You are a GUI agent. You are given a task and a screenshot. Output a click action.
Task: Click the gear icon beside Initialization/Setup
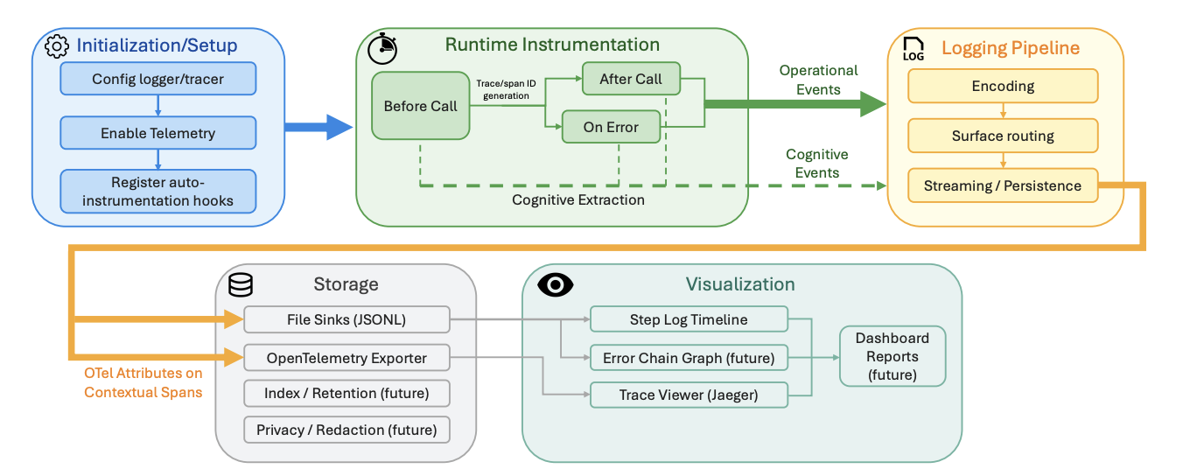pyautogui.click(x=57, y=46)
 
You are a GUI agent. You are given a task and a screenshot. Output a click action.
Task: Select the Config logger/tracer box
pyautogui.click(x=157, y=79)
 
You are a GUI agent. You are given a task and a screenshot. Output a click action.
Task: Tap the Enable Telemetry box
pyautogui.click(x=157, y=133)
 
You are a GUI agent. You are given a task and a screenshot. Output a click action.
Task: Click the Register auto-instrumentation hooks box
pyautogui.click(x=157, y=192)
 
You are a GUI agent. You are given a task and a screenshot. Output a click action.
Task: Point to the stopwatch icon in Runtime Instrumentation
pyautogui.click(x=382, y=49)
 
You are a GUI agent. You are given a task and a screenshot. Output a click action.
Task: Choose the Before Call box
pyautogui.click(x=420, y=106)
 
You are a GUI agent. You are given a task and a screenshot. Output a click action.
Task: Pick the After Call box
pyautogui.click(x=631, y=79)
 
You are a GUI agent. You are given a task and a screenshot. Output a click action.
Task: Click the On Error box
pyautogui.click(x=611, y=127)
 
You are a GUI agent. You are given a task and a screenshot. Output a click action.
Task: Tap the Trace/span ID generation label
pyautogui.click(x=506, y=89)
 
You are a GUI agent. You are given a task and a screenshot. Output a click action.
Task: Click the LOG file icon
pyautogui.click(x=913, y=49)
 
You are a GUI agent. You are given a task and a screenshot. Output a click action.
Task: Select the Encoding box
pyautogui.click(x=1003, y=86)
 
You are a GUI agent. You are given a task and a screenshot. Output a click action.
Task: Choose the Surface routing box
pyautogui.click(x=1003, y=136)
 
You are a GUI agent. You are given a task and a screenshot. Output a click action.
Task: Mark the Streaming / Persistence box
pyautogui.click(x=1003, y=185)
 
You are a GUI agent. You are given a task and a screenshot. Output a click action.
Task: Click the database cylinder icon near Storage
pyautogui.click(x=241, y=284)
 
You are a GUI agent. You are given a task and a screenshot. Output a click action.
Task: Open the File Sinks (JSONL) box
pyautogui.click(x=346, y=319)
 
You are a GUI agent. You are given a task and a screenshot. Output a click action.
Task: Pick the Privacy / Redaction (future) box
pyautogui.click(x=346, y=430)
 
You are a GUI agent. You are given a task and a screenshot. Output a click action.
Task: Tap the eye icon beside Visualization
pyautogui.click(x=555, y=285)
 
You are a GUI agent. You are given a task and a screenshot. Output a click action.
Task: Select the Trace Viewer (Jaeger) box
pyautogui.click(x=689, y=395)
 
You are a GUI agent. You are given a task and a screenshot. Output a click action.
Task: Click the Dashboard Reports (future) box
pyautogui.click(x=892, y=356)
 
